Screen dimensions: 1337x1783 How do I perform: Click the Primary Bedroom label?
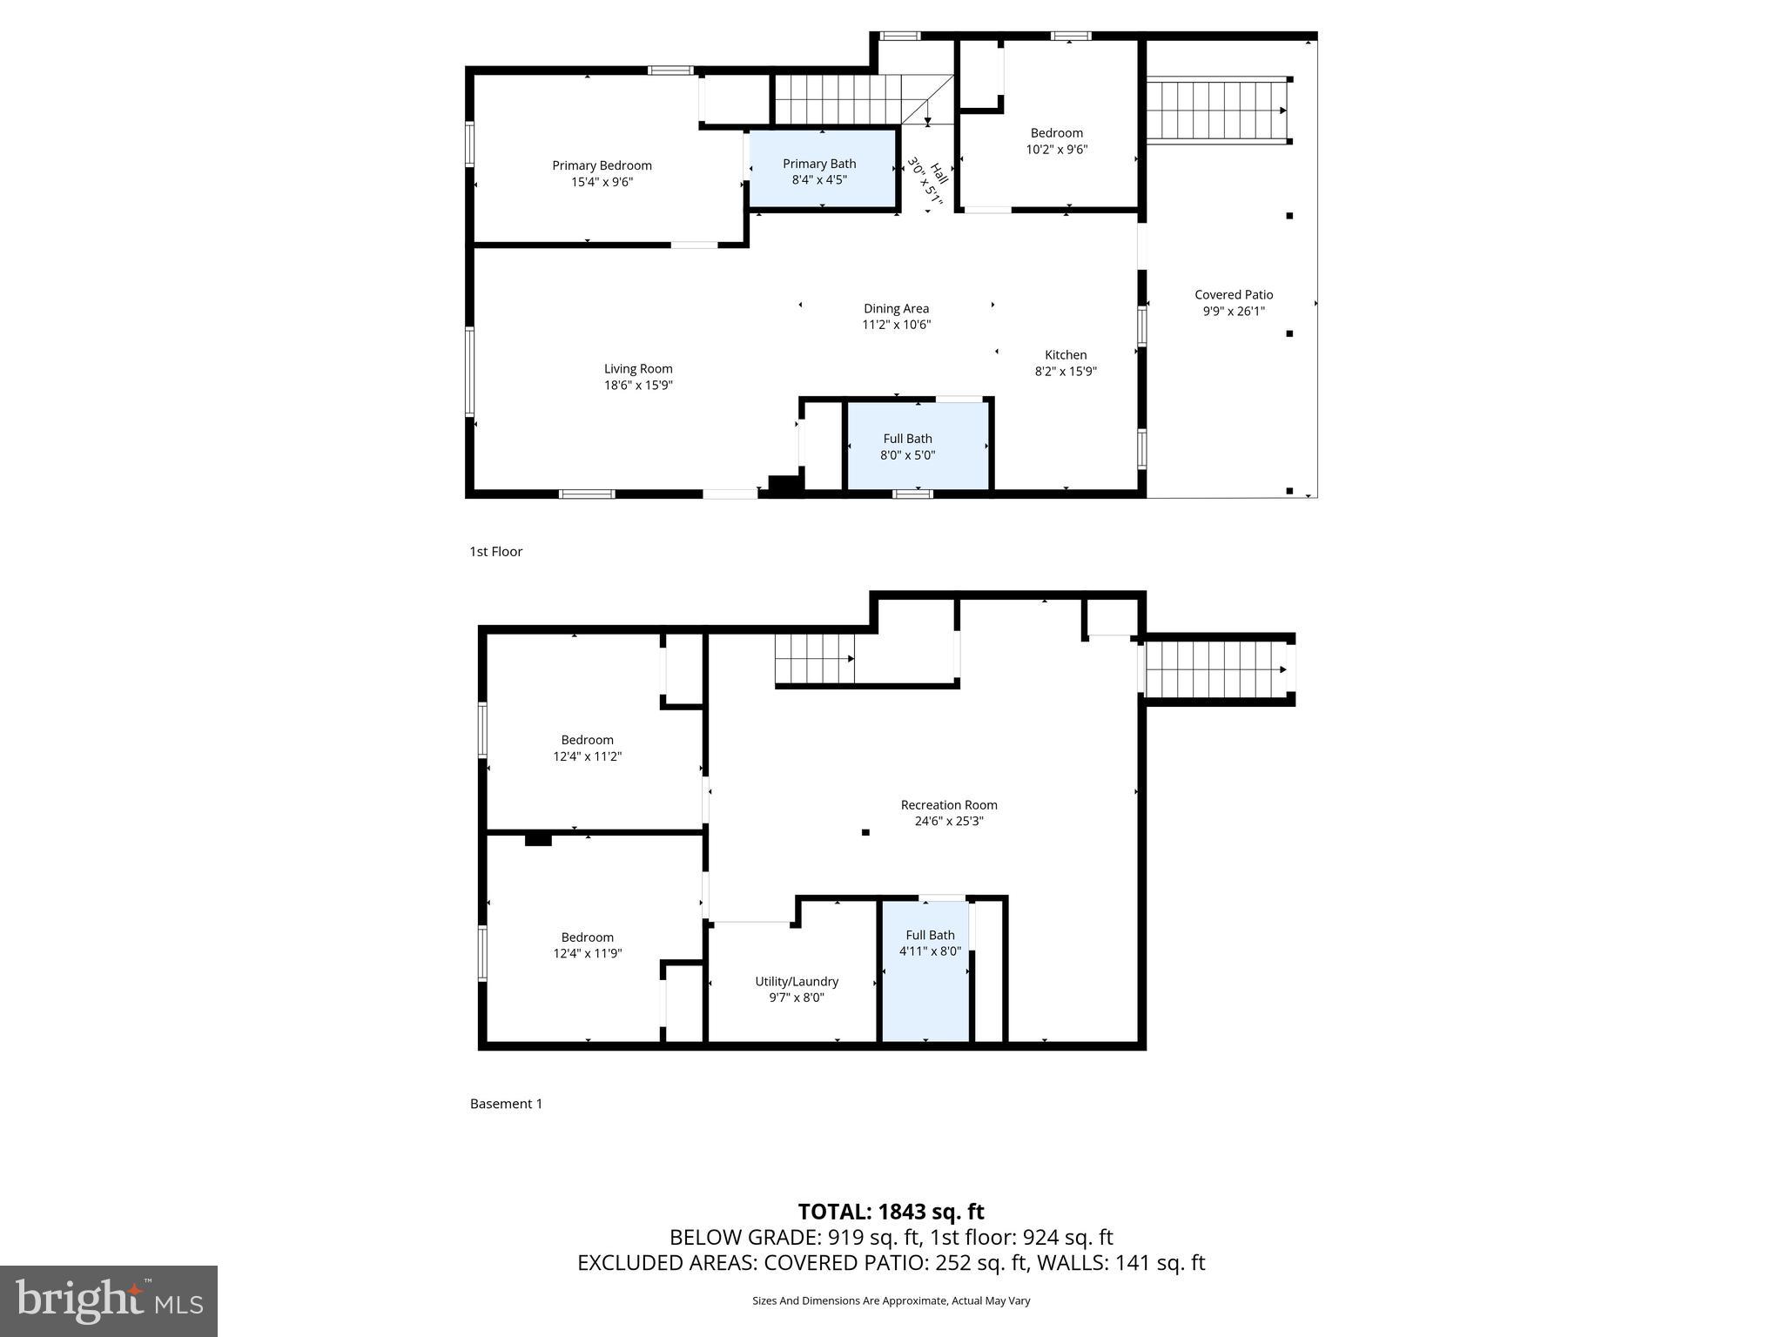[x=602, y=165]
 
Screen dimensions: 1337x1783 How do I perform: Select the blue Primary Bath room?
[x=822, y=171]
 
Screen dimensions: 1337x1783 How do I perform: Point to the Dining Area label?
[x=896, y=308]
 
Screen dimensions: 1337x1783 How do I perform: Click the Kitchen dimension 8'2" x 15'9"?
[x=1066, y=371]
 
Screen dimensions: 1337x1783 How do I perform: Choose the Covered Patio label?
[x=1234, y=295]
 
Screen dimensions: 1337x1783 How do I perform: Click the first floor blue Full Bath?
[x=917, y=446]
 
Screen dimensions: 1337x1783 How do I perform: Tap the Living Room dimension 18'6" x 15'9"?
[x=638, y=385]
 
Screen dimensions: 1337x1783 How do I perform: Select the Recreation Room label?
[x=949, y=805]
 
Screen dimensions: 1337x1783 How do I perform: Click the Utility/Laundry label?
[x=797, y=981]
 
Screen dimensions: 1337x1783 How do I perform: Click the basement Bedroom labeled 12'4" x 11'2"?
[x=588, y=749]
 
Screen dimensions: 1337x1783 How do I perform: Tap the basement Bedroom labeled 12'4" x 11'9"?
[x=588, y=945]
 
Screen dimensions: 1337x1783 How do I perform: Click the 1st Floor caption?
[x=495, y=551]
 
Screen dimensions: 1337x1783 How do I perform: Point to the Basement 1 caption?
[x=506, y=1104]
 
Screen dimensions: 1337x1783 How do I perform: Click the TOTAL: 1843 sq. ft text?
[x=891, y=1212]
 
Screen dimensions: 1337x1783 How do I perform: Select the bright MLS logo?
[x=109, y=1300]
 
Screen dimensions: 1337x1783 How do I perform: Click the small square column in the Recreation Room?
[x=865, y=832]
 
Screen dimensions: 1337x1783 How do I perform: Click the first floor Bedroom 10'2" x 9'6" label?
[x=1057, y=141]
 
